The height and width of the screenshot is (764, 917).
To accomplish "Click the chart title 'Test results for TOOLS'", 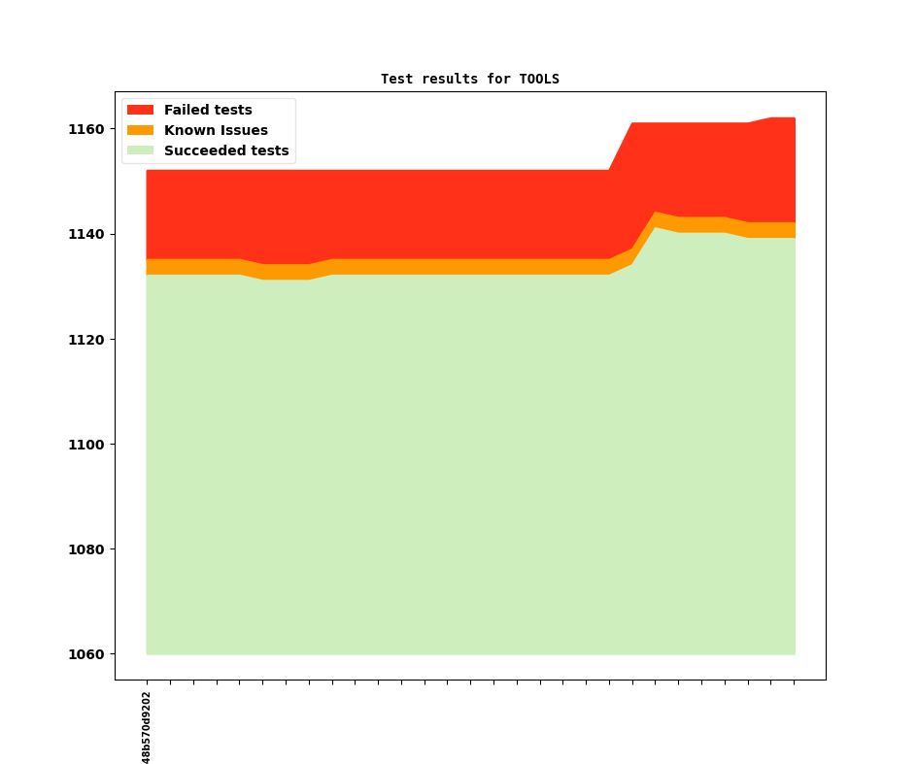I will pos(469,79).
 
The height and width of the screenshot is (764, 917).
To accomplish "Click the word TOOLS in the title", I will pos(539,79).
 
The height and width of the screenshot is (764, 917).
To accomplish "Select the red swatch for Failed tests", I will pos(140,110).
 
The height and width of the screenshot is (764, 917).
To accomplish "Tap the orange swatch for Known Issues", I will pos(140,130).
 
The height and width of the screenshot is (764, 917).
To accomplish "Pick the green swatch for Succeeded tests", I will pos(140,150).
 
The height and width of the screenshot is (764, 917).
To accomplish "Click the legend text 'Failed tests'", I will pos(208,110).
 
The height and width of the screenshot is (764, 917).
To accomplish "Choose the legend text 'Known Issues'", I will pos(216,130).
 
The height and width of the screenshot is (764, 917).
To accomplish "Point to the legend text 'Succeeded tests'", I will pos(226,150).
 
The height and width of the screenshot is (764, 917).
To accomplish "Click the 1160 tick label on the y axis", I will pos(85,129).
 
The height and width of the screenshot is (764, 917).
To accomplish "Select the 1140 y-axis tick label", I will pos(85,234).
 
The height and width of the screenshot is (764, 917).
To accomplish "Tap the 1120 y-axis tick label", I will pos(85,340).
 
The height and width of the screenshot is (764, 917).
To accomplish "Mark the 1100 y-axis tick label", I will pos(85,445).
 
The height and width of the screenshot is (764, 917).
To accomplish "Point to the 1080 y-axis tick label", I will pos(85,549).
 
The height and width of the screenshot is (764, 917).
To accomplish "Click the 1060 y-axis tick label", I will pos(85,654).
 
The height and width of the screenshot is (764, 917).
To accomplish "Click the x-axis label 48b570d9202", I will pos(147,727).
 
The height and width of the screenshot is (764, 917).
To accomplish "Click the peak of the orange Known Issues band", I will pos(656,213).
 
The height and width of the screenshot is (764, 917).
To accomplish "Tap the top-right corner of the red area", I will pos(795,118).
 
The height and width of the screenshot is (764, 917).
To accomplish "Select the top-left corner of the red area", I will pos(147,171).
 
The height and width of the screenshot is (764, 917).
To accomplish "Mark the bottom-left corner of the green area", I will pos(147,653).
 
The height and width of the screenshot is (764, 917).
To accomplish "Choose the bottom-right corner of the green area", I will pos(795,653).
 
